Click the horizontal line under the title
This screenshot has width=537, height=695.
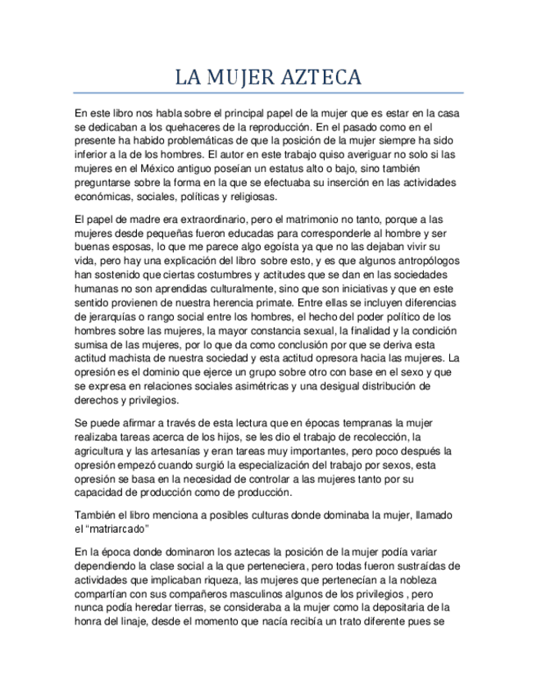point(268,93)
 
